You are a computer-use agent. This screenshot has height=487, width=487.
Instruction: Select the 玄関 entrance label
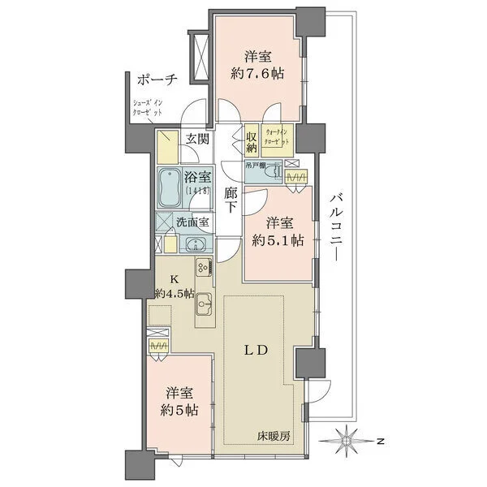(196, 139)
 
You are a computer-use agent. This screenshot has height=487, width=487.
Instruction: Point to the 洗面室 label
(193, 221)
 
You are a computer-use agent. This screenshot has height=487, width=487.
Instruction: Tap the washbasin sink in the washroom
(194, 247)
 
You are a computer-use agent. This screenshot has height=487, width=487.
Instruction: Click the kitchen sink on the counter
(204, 298)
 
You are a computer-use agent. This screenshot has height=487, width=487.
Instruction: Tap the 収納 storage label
(252, 142)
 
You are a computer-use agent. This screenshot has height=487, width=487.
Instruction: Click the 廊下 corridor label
(231, 200)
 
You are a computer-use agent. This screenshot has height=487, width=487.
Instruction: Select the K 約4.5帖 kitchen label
(175, 287)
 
